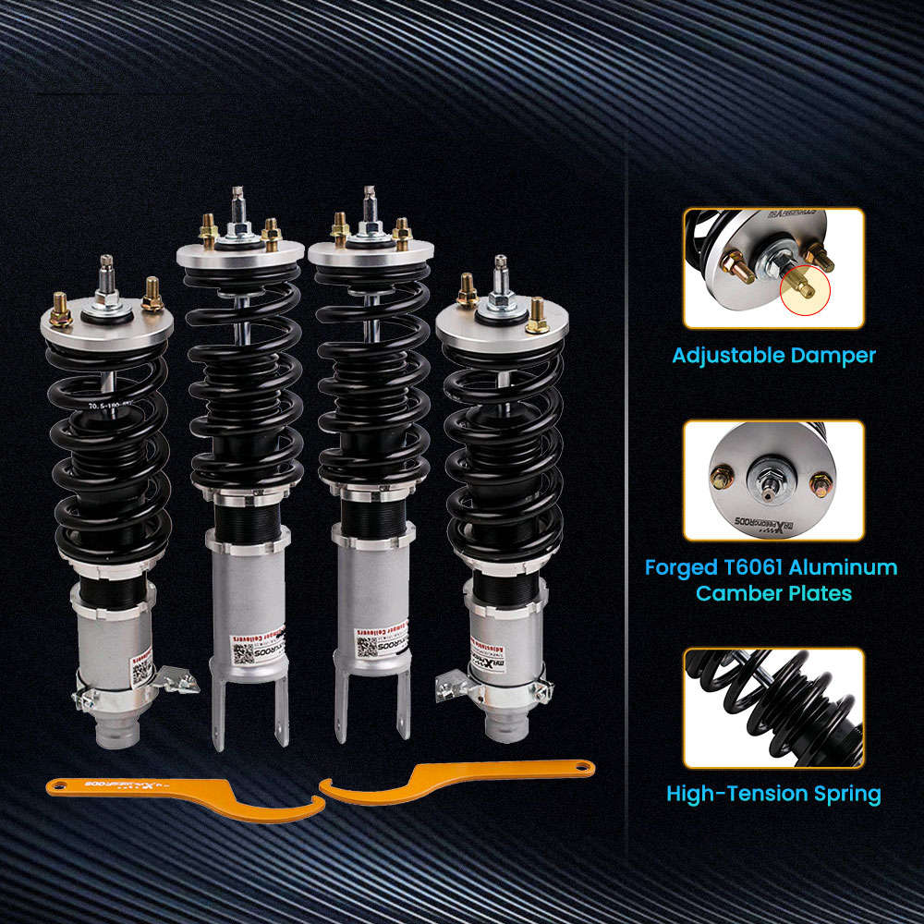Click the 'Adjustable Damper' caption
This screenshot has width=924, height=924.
click(x=773, y=356)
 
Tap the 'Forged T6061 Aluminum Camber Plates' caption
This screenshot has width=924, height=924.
click(x=771, y=579)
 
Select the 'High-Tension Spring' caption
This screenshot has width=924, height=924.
click(x=773, y=793)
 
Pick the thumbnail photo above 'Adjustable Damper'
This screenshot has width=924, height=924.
click(x=773, y=268)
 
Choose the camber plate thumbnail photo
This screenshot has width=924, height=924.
click(x=773, y=480)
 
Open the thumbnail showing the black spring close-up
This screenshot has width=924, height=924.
click(x=773, y=708)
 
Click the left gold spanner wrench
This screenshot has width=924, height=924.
click(x=185, y=796)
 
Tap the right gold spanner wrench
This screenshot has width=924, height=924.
click(x=453, y=782)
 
